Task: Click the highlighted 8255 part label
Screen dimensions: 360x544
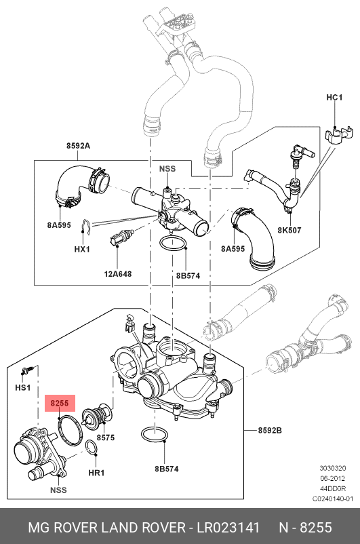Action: click(60, 403)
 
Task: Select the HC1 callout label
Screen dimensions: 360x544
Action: click(334, 97)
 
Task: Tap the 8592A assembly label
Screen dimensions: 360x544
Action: click(78, 146)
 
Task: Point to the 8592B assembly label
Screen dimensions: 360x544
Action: click(270, 430)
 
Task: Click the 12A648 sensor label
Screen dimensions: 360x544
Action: click(118, 274)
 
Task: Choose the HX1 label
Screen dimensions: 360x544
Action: click(82, 249)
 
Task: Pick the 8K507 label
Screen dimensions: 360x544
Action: click(289, 230)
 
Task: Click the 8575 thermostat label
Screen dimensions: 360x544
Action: click(106, 438)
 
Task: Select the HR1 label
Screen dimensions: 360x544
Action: click(96, 473)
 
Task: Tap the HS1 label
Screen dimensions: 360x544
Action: click(23, 387)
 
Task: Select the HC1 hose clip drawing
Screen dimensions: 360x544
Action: click(339, 134)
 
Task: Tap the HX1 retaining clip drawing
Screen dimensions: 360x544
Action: click(85, 227)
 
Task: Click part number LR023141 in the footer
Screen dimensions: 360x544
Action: click(228, 528)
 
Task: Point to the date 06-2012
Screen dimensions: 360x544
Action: click(332, 478)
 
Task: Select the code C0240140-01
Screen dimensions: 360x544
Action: click(333, 499)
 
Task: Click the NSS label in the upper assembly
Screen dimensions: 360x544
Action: click(167, 169)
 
